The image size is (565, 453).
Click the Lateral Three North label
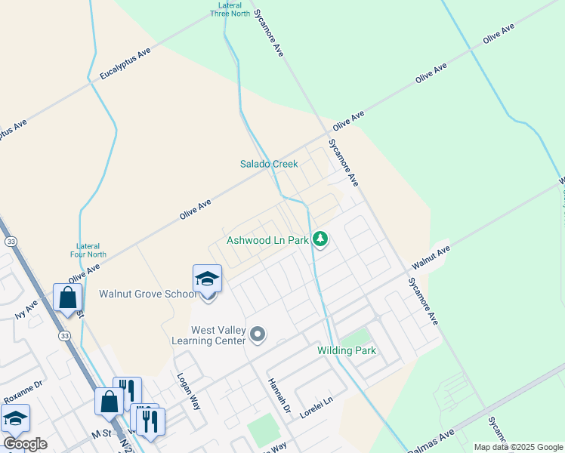(230, 8)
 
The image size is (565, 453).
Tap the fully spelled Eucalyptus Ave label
(125, 63)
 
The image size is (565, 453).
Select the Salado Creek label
(269, 164)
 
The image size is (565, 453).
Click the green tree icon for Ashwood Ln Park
(321, 239)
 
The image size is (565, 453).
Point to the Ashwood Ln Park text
(267, 242)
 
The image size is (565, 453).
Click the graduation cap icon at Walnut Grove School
(207, 279)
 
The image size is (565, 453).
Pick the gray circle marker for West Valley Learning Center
(258, 334)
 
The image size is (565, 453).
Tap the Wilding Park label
(346, 351)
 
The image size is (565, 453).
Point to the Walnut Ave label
(431, 257)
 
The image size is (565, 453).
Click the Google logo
(25, 444)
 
